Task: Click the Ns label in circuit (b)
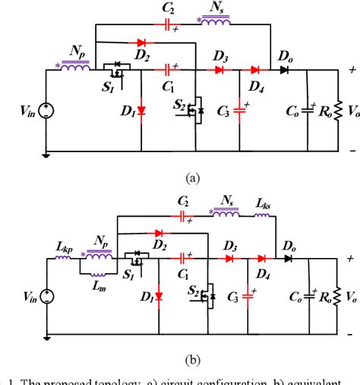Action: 226,199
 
